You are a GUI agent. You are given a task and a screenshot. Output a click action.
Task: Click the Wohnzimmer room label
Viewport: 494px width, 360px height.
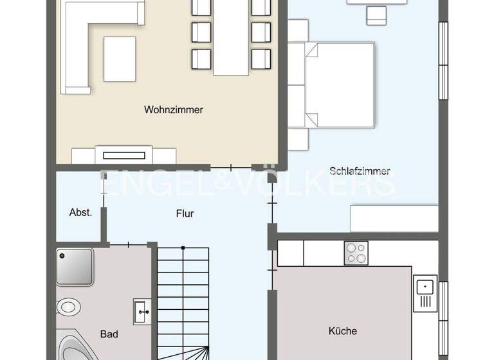click(x=173, y=110)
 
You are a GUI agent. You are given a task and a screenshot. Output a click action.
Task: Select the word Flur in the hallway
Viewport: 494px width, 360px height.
click(x=185, y=213)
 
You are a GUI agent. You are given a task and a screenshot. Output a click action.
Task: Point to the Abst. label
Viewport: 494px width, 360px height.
click(x=80, y=213)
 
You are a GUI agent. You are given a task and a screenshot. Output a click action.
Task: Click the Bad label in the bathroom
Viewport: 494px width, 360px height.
click(x=109, y=334)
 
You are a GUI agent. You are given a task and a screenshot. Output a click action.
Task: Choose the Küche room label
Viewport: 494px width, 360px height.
click(x=342, y=331)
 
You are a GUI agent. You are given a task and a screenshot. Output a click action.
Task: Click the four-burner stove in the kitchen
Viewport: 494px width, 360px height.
click(x=356, y=253)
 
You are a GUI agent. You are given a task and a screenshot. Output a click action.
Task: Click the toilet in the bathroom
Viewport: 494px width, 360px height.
click(x=68, y=307)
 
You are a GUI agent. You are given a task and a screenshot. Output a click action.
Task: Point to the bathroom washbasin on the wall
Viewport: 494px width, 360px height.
click(x=141, y=310)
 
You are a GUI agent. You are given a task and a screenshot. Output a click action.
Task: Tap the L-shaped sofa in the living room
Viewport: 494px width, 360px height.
click(x=90, y=39)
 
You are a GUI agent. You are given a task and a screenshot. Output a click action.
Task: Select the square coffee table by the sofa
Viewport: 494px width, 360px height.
click(x=120, y=59)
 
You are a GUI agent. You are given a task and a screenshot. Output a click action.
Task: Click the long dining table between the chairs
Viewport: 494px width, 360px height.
click(x=230, y=39)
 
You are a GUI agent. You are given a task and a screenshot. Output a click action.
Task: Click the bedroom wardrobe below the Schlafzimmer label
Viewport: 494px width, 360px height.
click(x=394, y=219)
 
